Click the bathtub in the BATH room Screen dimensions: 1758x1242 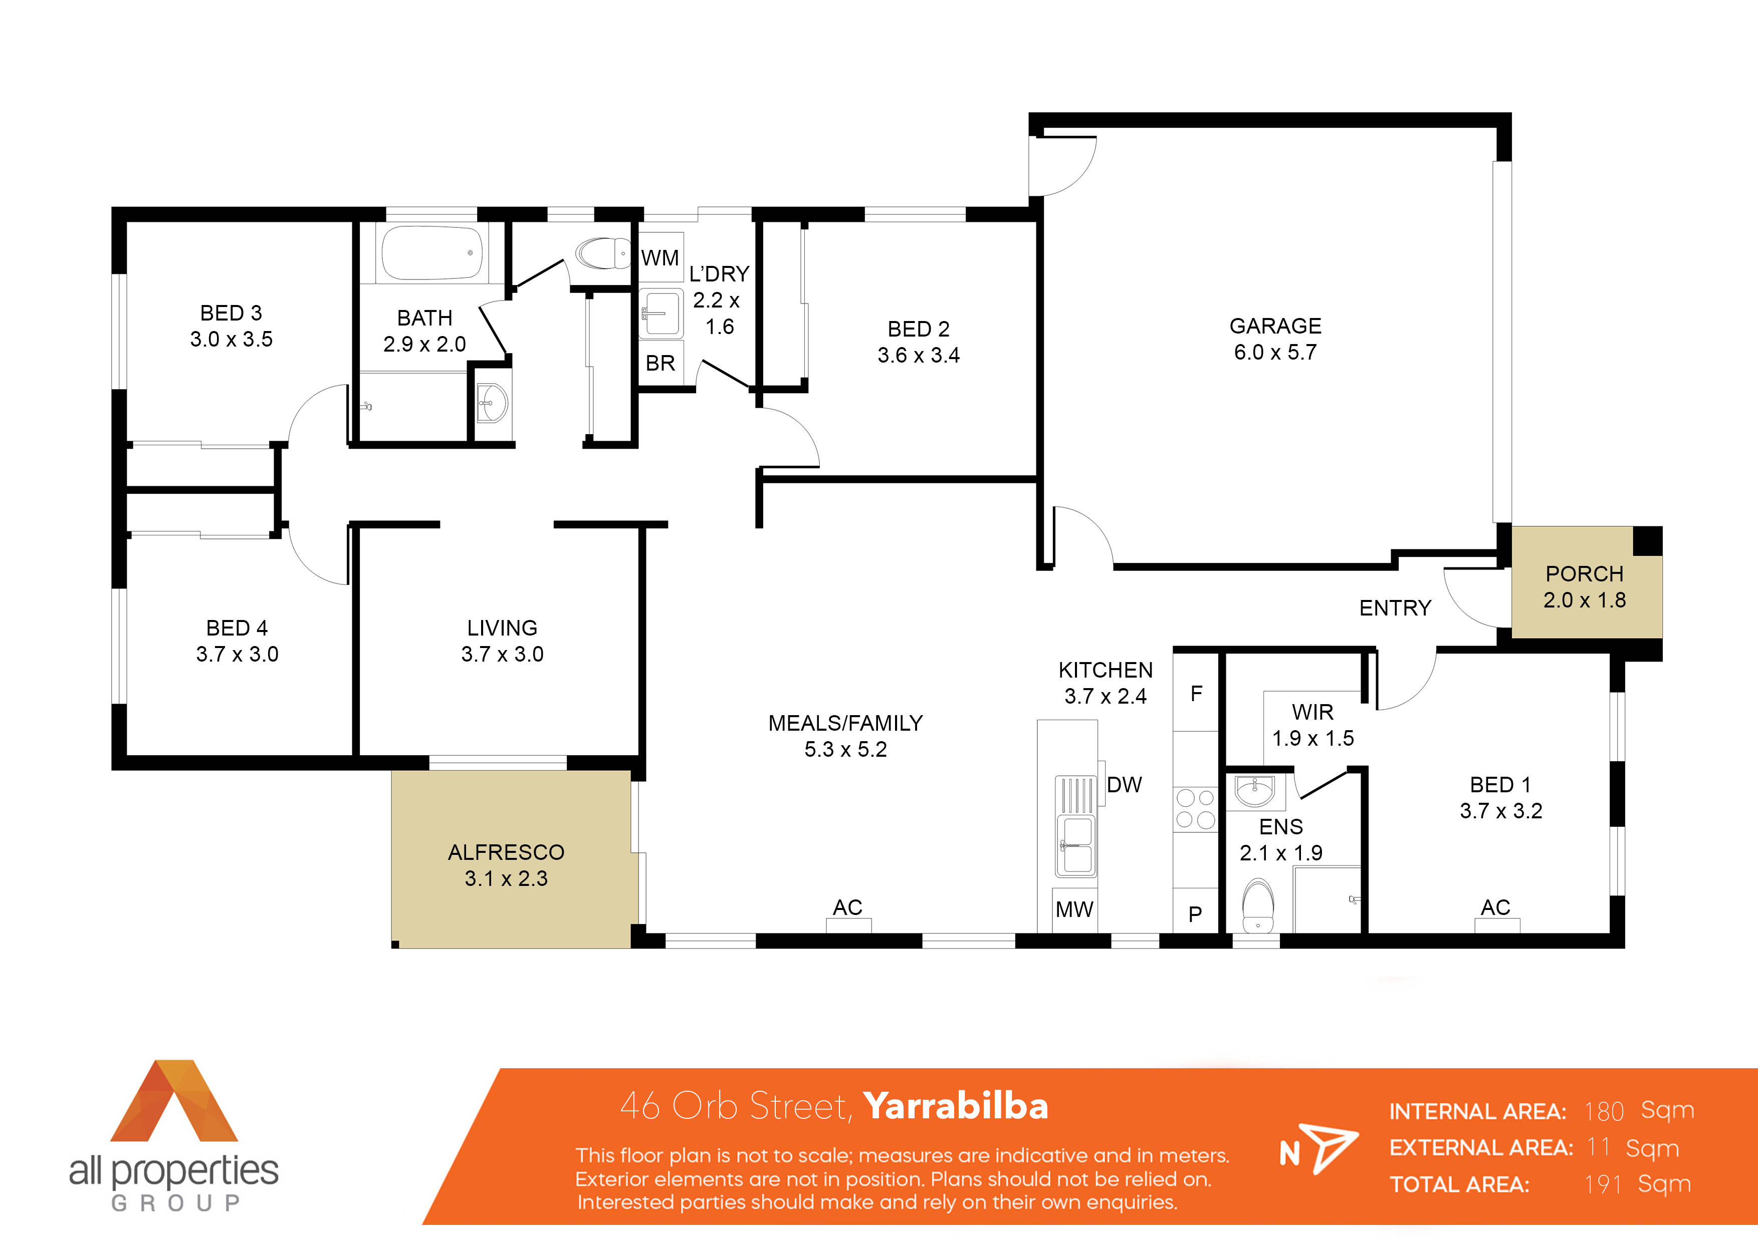click(x=432, y=252)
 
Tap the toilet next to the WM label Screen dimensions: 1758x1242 click(x=602, y=252)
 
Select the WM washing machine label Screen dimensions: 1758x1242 click(x=660, y=258)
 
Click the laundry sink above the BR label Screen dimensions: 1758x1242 click(x=660, y=314)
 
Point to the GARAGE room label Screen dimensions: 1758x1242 click(x=1275, y=326)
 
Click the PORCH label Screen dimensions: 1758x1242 click(x=1584, y=574)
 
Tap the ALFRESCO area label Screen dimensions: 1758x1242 click(x=506, y=852)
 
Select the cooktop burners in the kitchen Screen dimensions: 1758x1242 click(x=1195, y=809)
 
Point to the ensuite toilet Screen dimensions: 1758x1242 click(x=1257, y=905)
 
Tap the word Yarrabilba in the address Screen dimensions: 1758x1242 click(x=956, y=1106)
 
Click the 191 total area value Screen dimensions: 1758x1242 click(x=1603, y=1184)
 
